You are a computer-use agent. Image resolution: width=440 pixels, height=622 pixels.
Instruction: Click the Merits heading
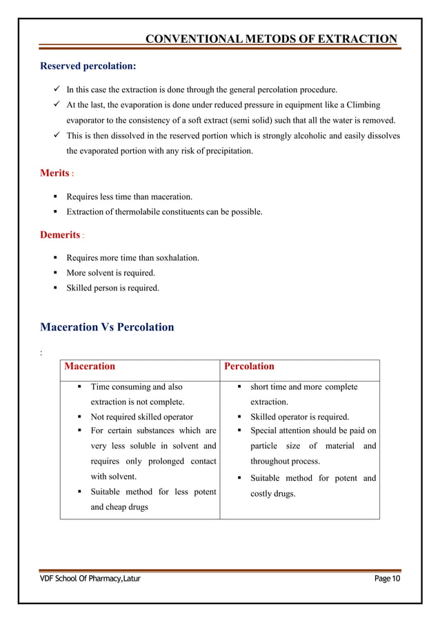[x=55, y=172]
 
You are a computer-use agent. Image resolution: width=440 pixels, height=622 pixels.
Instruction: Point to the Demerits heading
[x=60, y=235]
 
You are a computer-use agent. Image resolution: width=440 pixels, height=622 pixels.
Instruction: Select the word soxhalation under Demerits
[x=174, y=258]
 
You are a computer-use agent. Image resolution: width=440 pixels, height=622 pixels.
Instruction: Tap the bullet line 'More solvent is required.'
[x=110, y=273]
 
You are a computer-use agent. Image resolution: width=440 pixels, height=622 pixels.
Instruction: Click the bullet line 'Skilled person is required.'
[x=112, y=288]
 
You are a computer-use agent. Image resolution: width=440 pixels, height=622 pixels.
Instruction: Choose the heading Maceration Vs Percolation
[x=107, y=326]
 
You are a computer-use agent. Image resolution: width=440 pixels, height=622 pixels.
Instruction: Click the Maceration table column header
[x=90, y=366]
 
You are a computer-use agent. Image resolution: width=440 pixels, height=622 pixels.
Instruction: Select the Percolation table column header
[x=249, y=366]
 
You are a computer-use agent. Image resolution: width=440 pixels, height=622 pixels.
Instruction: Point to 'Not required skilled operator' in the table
[x=142, y=417]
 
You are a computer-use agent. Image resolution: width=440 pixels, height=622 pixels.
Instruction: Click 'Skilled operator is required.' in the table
[x=299, y=417]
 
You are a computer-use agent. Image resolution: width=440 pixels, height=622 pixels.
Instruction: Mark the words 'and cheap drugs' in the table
[x=119, y=507]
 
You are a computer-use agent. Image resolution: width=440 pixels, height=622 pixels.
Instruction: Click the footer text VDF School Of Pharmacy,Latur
[x=89, y=579]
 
